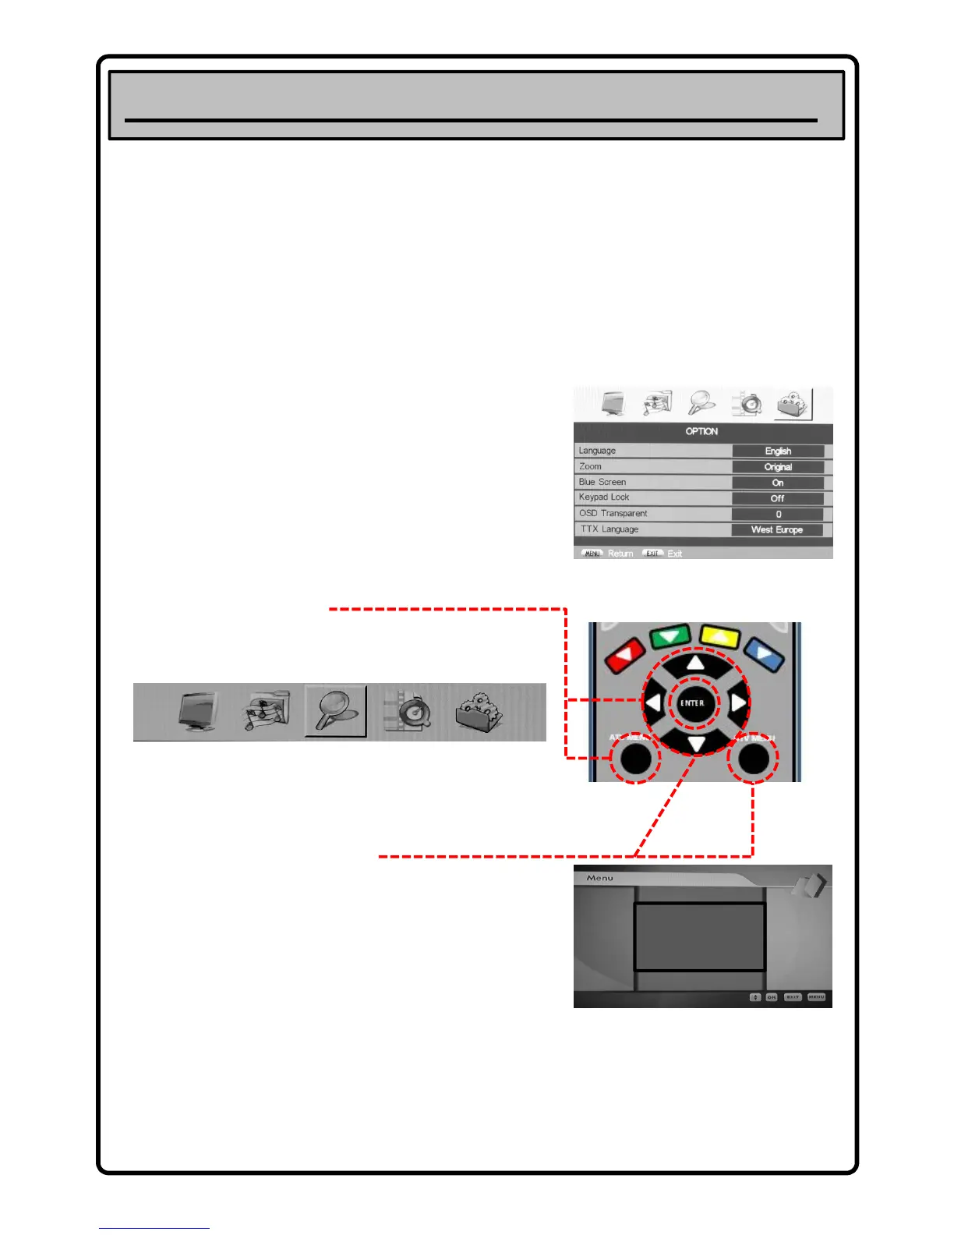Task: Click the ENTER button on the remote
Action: point(692,703)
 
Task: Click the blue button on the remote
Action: point(764,654)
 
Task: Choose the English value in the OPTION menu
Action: point(778,451)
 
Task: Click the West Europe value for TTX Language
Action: point(776,530)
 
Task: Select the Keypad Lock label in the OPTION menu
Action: point(604,497)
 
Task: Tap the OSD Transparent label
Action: point(613,514)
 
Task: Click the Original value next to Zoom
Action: point(778,467)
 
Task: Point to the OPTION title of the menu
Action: point(701,431)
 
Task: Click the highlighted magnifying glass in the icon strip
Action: point(336,710)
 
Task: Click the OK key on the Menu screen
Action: point(772,997)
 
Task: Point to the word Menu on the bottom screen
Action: point(599,878)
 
